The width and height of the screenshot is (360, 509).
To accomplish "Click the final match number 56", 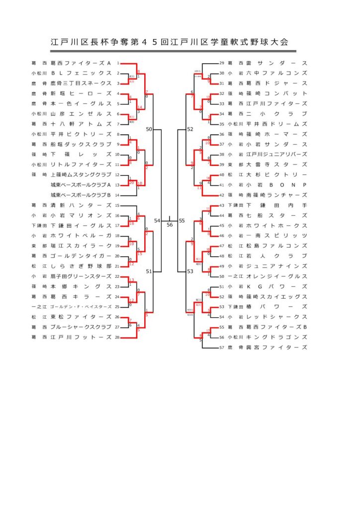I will [170, 225].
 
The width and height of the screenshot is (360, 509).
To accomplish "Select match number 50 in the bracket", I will [149, 129].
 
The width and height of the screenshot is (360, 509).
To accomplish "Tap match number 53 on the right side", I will [190, 271].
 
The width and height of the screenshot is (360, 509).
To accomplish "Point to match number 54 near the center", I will [157, 220].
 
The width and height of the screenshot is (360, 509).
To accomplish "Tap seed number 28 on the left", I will [117, 337].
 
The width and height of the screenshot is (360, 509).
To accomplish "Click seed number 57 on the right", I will [222, 347].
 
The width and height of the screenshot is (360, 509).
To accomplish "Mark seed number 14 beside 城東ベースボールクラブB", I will [117, 195].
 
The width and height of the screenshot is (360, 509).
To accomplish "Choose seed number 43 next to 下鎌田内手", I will [222, 205].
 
